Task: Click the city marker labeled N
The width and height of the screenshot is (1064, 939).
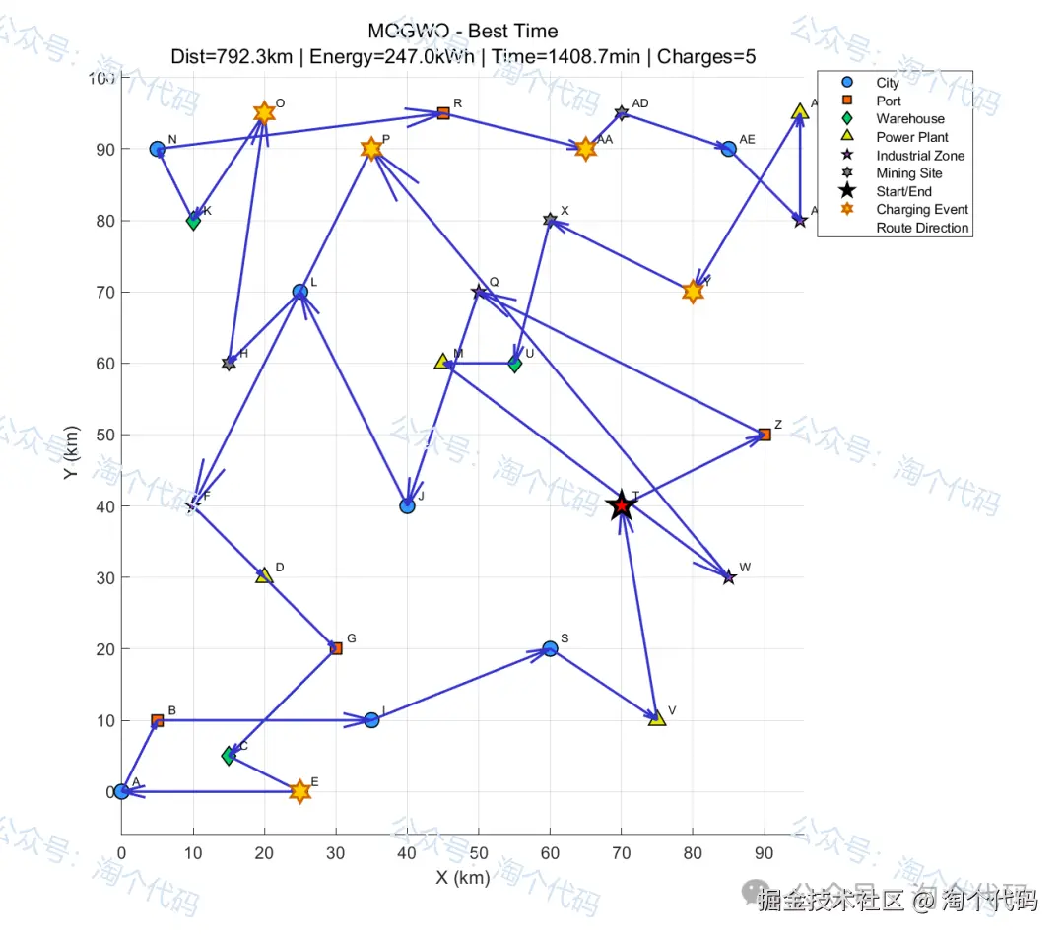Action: (x=157, y=149)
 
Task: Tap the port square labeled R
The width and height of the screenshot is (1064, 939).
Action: (x=443, y=113)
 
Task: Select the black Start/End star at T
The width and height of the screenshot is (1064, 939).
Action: (x=622, y=505)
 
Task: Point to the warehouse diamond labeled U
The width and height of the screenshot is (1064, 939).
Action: (x=514, y=364)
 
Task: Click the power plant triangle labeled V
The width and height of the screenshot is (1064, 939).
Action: (x=657, y=718)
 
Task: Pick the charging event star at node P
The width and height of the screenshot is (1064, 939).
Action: (x=371, y=149)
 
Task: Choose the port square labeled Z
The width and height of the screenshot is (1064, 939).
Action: (x=765, y=435)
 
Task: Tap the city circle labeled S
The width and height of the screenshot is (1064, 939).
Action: (x=550, y=648)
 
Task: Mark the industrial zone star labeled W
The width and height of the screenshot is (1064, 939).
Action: (x=729, y=577)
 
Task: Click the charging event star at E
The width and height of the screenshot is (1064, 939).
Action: (x=299, y=791)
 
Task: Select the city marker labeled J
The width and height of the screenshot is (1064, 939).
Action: (x=407, y=506)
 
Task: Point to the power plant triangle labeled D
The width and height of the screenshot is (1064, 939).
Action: (x=264, y=575)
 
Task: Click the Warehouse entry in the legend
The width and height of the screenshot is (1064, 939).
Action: (x=910, y=119)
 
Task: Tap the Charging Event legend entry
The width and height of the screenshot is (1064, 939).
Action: (x=922, y=209)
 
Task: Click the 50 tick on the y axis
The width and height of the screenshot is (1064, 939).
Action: (x=104, y=436)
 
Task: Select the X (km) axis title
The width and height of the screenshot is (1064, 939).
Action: (x=462, y=877)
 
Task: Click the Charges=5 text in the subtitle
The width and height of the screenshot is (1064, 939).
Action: (x=706, y=56)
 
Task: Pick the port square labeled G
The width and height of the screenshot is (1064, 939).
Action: (x=336, y=648)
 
